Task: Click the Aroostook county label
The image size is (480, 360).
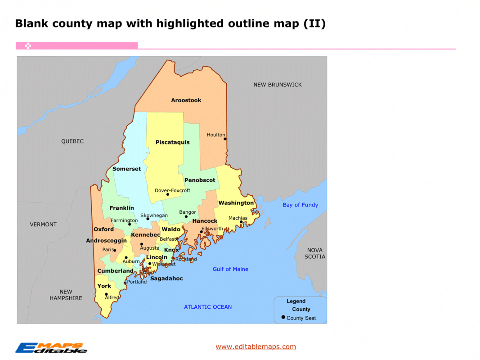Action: pyautogui.click(x=186, y=100)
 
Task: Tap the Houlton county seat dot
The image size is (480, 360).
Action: pyautogui.click(x=225, y=139)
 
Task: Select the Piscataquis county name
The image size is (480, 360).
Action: pyautogui.click(x=172, y=142)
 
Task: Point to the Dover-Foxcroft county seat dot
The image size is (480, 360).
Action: pyautogui.click(x=167, y=194)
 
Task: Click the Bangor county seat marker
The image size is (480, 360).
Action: pyautogui.click(x=186, y=217)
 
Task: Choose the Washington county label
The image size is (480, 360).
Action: pyautogui.click(x=236, y=203)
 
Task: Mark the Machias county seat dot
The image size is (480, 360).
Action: pyautogui.click(x=241, y=222)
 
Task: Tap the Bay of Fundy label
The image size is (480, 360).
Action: pyautogui.click(x=300, y=205)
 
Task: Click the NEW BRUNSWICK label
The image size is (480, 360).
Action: pyautogui.click(x=278, y=85)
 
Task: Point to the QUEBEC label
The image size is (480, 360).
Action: pyautogui.click(x=72, y=141)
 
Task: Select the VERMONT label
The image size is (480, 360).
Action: pyautogui.click(x=43, y=225)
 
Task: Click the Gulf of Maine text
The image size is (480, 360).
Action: pyautogui.click(x=230, y=269)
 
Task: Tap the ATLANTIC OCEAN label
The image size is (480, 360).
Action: pyautogui.click(x=208, y=307)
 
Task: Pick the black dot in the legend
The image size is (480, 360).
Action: pyautogui.click(x=283, y=317)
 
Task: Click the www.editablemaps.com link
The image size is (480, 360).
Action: pyautogui.click(x=256, y=346)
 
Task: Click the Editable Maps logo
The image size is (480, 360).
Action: pyautogui.click(x=51, y=347)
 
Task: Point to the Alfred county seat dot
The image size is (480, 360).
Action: pyautogui.click(x=106, y=294)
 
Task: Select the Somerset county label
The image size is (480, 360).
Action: pyautogui.click(x=126, y=169)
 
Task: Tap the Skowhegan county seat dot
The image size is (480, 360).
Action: pyautogui.click(x=148, y=219)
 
